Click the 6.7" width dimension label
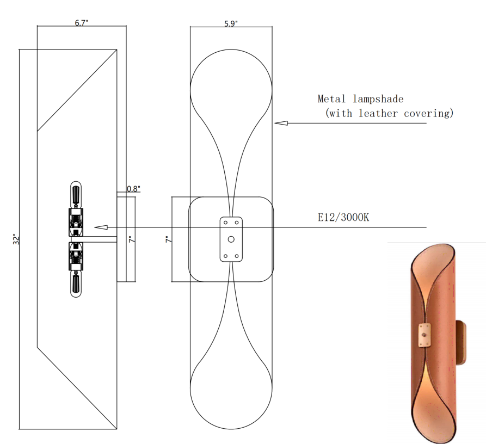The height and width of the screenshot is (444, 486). pyautogui.click(x=82, y=23)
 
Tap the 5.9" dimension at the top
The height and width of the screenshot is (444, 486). pyautogui.click(x=231, y=23)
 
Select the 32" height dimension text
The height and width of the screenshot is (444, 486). pyautogui.click(x=16, y=239)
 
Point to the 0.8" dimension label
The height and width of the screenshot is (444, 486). pyautogui.click(x=133, y=189)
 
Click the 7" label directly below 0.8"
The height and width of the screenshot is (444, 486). pyautogui.click(x=131, y=239)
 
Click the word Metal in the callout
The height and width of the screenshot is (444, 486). pyautogui.click(x=331, y=99)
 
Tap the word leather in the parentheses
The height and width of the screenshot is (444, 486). pyautogui.click(x=378, y=114)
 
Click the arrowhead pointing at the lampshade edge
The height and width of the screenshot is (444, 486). pyautogui.click(x=280, y=124)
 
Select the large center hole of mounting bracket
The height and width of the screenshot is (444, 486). pyautogui.click(x=231, y=239)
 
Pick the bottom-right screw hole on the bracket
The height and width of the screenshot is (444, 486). pyautogui.click(x=237, y=256)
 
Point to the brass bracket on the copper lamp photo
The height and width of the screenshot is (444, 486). pyautogui.click(x=423, y=335)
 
